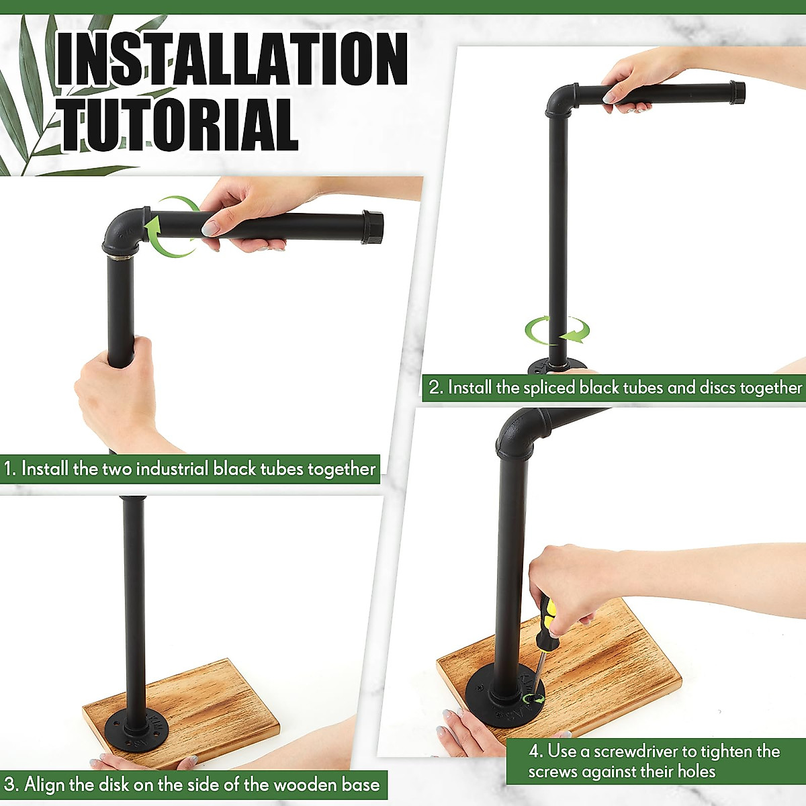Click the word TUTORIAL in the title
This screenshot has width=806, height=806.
click(179, 124)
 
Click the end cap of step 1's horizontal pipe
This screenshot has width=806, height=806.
click(373, 228)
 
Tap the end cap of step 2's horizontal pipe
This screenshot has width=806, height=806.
click(737, 92)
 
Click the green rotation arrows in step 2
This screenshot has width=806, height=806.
click(557, 330)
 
